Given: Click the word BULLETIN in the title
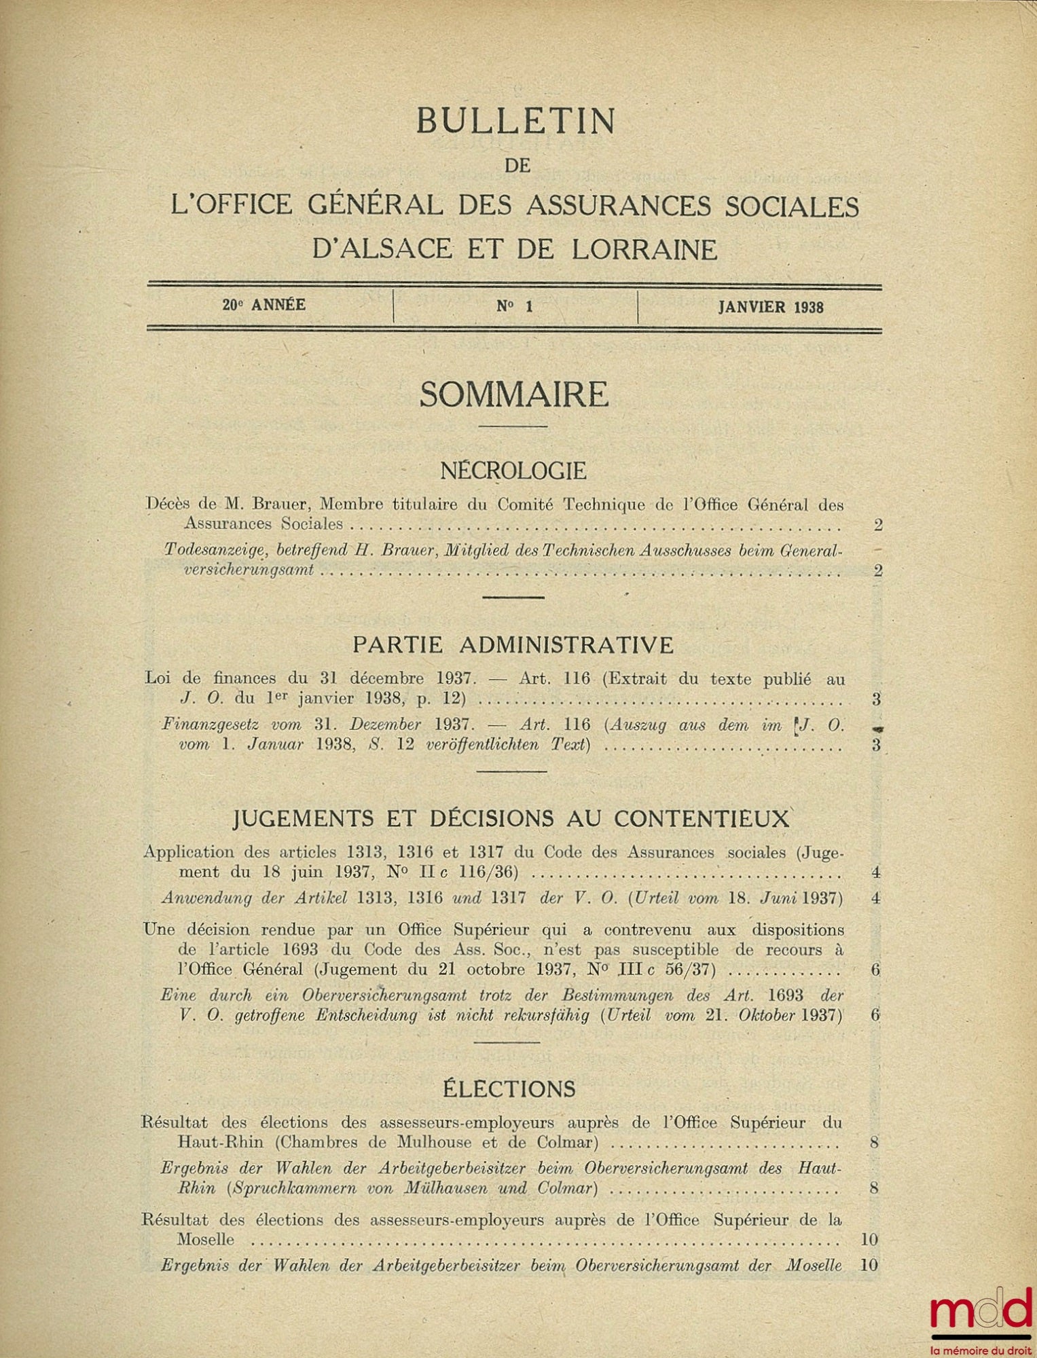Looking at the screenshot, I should tap(515, 122).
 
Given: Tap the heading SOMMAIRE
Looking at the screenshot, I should tap(514, 395).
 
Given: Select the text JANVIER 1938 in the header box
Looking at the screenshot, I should tap(771, 307).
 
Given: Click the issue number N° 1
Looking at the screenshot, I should tap(514, 306).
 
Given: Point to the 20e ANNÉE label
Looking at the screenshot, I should tap(263, 305).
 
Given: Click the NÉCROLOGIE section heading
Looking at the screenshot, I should tap(513, 470).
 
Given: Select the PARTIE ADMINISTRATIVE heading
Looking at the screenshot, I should tap(513, 644).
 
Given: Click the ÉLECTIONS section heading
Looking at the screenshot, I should tap(509, 1089).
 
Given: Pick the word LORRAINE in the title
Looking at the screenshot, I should tap(644, 250).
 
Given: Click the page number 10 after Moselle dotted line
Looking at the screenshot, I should tap(869, 1239).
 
